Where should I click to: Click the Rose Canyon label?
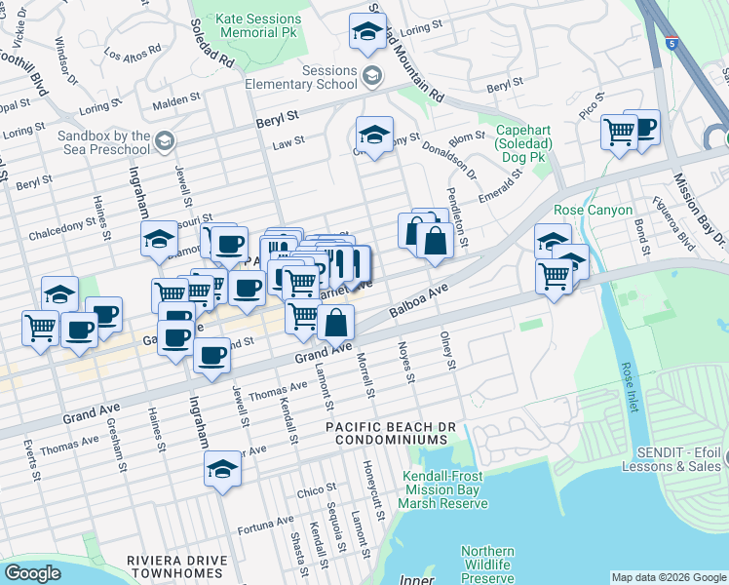pyautogui.click(x=593, y=210)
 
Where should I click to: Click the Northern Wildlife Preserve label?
pyautogui.click(x=487, y=565)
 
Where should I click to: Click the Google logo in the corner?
pyautogui.click(x=32, y=573)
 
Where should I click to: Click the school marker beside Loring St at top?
pyautogui.click(x=367, y=32)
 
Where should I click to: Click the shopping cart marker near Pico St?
pyautogui.click(x=619, y=132)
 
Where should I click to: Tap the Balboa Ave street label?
pyautogui.click(x=419, y=302)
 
